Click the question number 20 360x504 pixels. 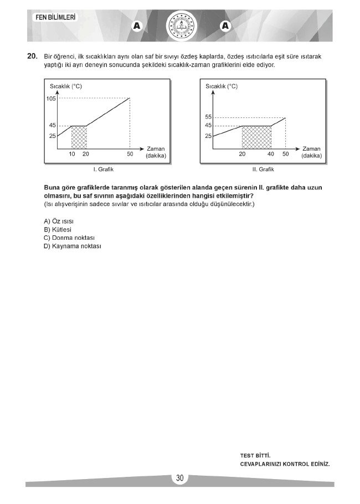(x=32, y=56)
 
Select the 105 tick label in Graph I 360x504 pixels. (x=52, y=99)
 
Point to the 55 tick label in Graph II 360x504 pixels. (x=208, y=117)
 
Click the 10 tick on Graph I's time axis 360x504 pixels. (x=71, y=154)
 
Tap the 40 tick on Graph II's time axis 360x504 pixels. (x=271, y=154)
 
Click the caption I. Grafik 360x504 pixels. (x=103, y=169)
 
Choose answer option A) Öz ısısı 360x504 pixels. (x=59, y=221)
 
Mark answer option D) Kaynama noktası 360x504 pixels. (x=73, y=246)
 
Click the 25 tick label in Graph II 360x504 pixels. (x=208, y=136)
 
